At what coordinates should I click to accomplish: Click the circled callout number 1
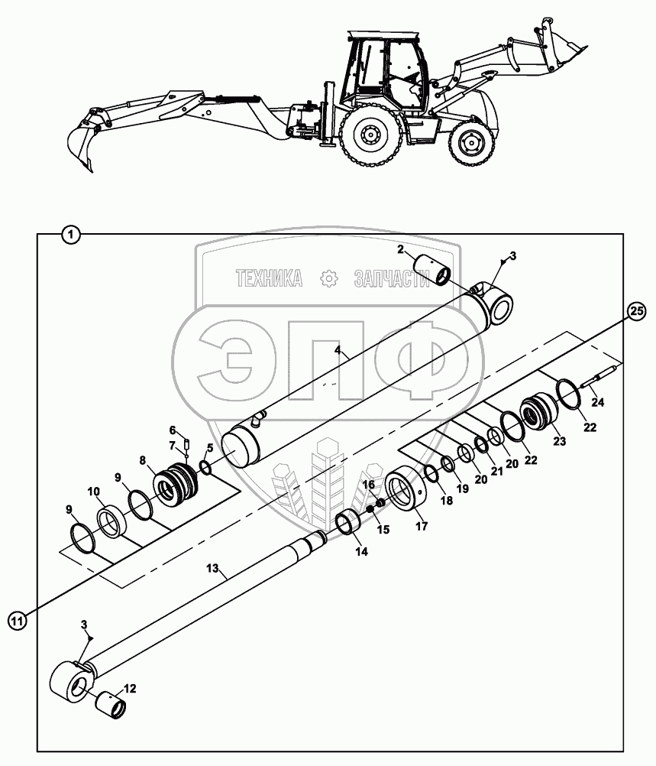coord(69,235)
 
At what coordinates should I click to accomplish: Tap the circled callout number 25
coord(637,310)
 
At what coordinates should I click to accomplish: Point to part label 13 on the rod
coord(213,568)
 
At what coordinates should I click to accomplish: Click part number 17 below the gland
coord(421,526)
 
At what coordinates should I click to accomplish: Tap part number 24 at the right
coord(598,402)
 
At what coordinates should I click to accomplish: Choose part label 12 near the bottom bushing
coord(129,689)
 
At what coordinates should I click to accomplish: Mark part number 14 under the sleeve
coord(361,551)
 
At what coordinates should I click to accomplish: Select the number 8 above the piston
coord(142,460)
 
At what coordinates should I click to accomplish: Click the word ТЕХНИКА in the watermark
coord(269,279)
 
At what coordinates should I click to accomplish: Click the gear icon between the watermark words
coord(330,279)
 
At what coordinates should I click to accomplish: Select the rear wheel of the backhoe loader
coord(371,136)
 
